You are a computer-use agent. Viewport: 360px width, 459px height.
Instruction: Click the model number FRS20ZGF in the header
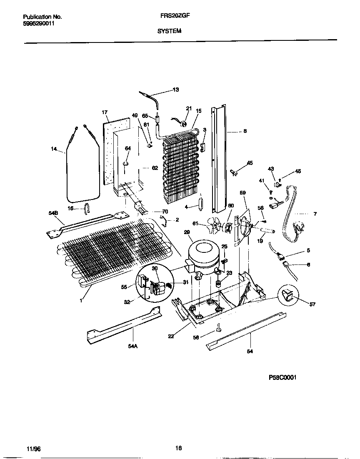[x=172, y=17]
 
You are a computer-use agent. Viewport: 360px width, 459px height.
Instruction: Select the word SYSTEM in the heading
[x=169, y=31]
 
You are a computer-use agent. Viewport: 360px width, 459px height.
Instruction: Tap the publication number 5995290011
[x=38, y=24]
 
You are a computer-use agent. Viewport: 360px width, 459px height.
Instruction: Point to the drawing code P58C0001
[x=282, y=378]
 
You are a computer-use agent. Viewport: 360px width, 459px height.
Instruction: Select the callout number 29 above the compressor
[x=187, y=232]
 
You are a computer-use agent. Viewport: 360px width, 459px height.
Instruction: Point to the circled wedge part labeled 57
[x=288, y=295]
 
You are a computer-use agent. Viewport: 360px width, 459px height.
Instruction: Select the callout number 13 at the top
[x=175, y=90]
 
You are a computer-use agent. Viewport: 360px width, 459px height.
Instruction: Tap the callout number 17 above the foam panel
[x=105, y=112]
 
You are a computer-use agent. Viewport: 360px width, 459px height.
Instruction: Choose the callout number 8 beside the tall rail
[x=245, y=131]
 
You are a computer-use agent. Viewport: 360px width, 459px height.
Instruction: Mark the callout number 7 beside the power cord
[x=315, y=214]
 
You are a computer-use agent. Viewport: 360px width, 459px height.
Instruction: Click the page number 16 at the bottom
[x=178, y=449]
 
